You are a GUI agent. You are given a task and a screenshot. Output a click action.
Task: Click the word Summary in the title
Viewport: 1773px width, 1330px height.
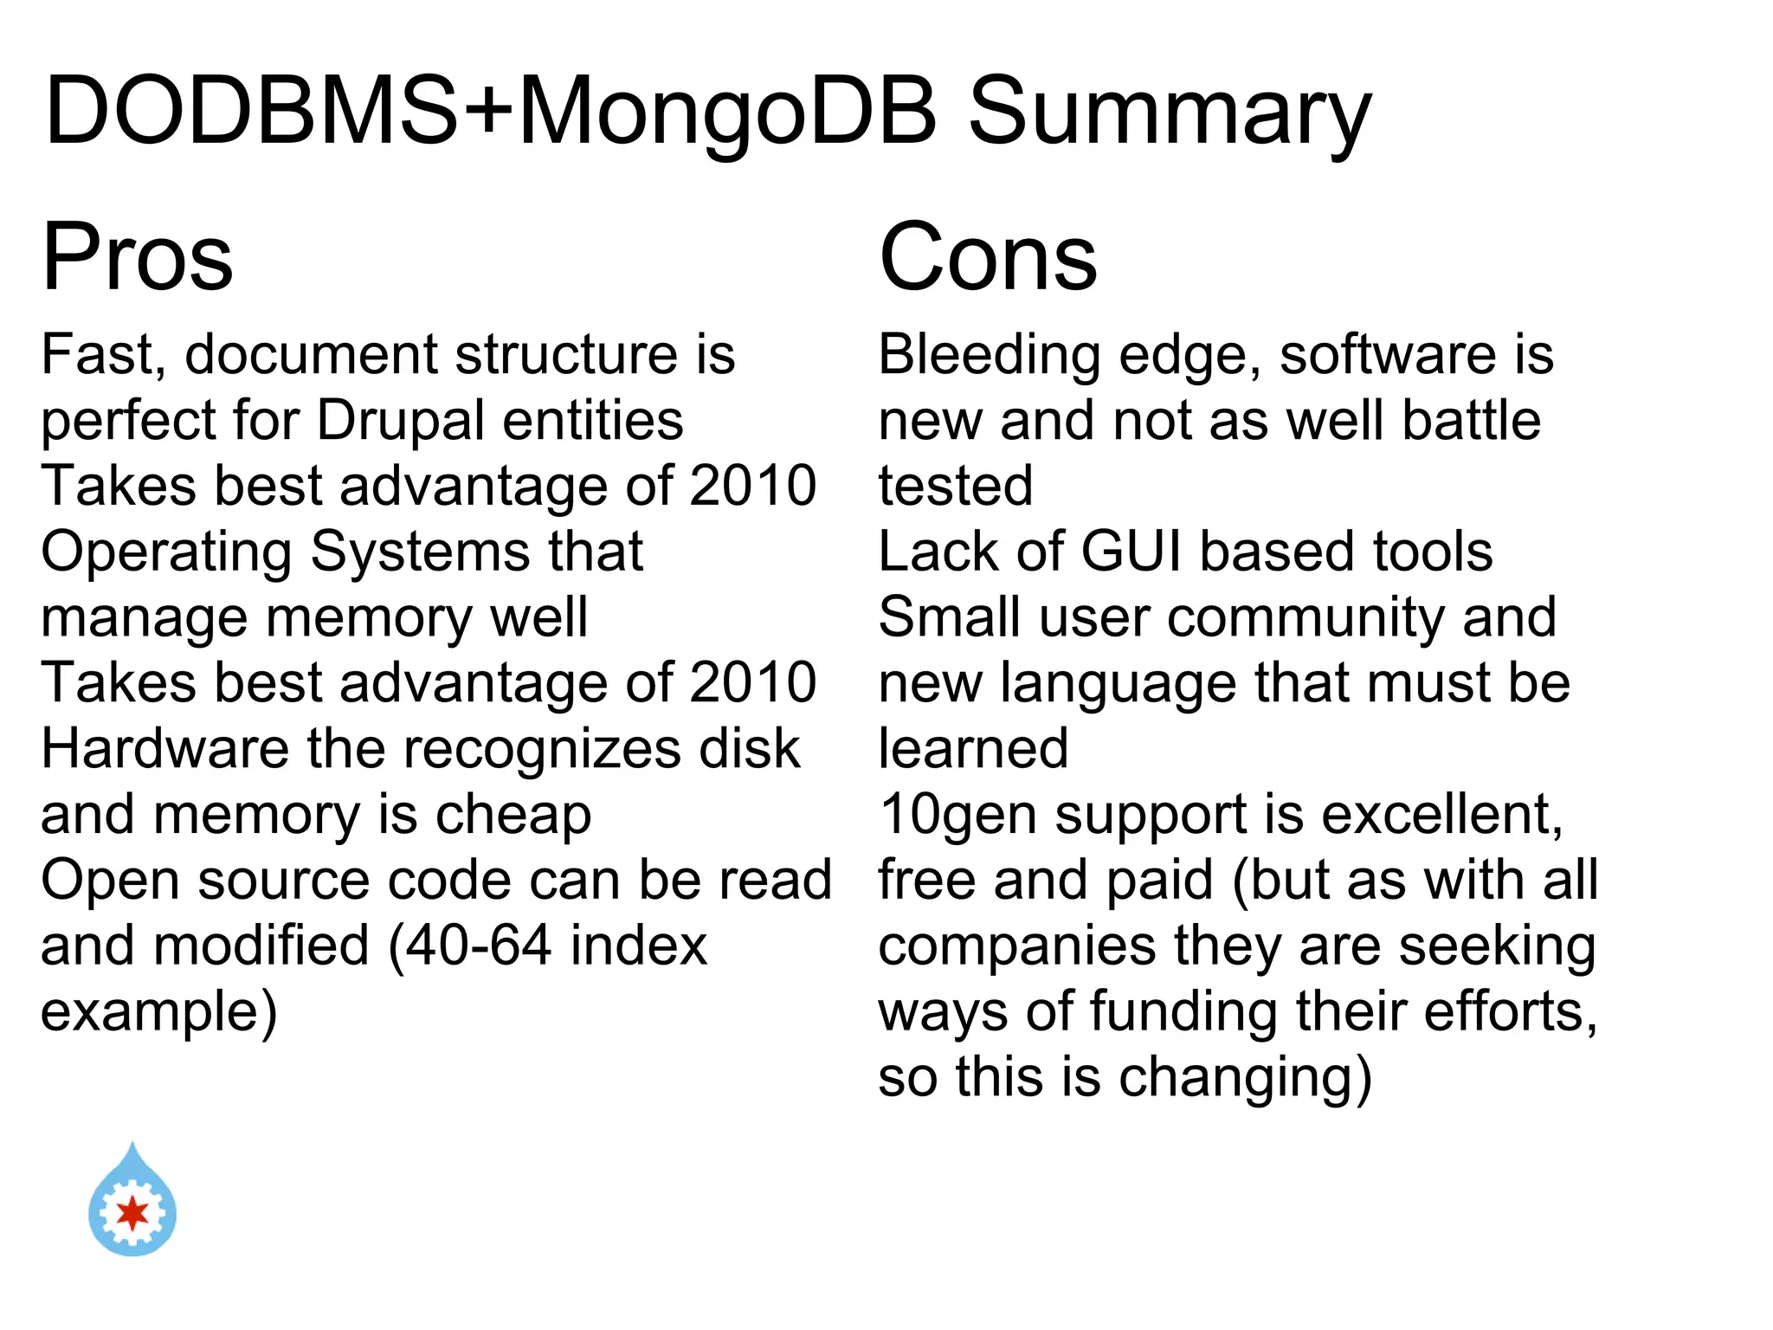tap(1169, 113)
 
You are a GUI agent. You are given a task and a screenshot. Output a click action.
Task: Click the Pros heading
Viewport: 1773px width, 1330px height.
tap(137, 257)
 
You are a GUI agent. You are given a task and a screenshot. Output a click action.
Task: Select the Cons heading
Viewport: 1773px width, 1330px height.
tap(988, 257)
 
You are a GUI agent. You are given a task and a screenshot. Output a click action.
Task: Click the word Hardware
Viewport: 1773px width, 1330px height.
tap(164, 749)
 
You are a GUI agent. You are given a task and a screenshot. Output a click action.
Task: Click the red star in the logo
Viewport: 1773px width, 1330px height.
tap(132, 1213)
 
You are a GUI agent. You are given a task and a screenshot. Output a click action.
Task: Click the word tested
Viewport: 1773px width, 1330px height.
tap(956, 486)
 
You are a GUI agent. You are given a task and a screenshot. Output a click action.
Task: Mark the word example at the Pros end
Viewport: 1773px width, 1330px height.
tap(158, 1011)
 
